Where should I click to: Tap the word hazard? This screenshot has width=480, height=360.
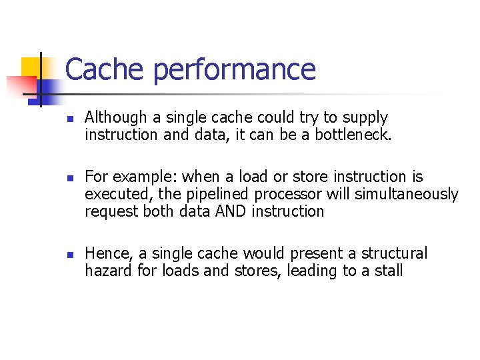[105, 271]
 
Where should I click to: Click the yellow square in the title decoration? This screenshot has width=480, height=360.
[32, 67]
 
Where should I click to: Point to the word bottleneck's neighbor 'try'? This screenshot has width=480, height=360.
[309, 119]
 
